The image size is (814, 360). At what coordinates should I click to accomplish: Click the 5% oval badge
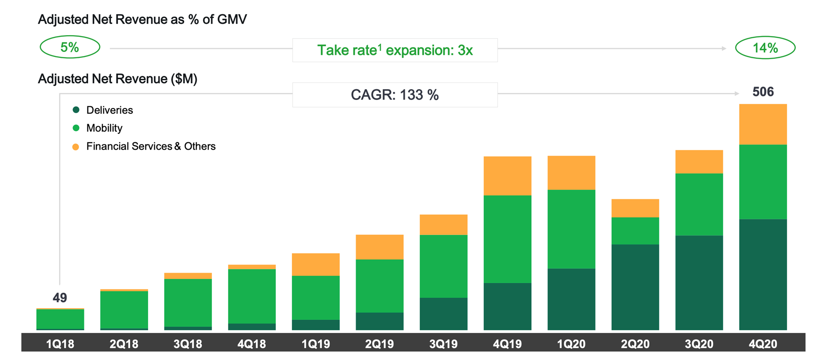coord(70,47)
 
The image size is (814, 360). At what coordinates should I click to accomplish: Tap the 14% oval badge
coord(765,48)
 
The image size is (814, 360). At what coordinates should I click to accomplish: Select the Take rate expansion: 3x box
coord(395,50)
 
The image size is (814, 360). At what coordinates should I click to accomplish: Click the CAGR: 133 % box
coord(395,95)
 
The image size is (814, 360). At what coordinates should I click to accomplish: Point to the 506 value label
coord(763,92)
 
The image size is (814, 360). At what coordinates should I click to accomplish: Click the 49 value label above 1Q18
coord(60,297)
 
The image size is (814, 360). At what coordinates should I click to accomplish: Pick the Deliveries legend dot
coord(76,110)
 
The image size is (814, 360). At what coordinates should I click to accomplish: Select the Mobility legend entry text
coord(104,128)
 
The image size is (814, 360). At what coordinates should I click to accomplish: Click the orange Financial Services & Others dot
coord(76,147)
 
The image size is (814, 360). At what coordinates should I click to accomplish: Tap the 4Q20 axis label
coord(763,344)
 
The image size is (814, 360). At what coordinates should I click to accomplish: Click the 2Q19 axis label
coord(380,344)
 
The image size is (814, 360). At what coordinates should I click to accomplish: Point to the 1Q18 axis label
coord(60,344)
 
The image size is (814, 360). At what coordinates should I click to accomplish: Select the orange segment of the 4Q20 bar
coord(763,124)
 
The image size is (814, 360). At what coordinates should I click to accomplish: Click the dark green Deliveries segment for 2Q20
coord(635,287)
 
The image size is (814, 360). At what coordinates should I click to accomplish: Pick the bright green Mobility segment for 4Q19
coord(507,239)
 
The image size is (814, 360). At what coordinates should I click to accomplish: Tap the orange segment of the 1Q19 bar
coord(316,264)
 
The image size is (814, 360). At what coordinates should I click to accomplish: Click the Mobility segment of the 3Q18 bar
coord(188,303)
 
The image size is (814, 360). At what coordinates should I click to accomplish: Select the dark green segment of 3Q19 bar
coord(443,314)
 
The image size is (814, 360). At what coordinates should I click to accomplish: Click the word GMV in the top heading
coord(232,19)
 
